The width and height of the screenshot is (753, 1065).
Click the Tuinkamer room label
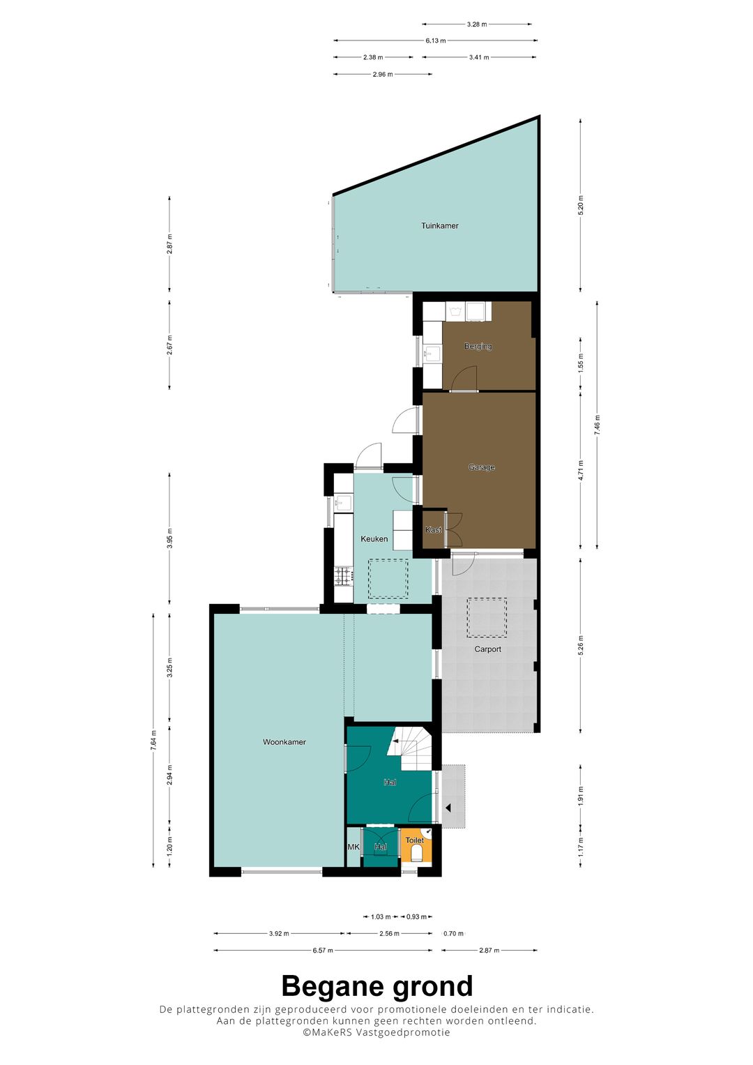click(x=439, y=226)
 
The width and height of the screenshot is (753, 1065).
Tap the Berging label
click(x=478, y=346)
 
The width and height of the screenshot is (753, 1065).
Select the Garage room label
click(x=482, y=467)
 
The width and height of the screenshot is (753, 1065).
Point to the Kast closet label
click(x=434, y=530)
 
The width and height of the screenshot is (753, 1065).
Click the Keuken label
click(x=374, y=539)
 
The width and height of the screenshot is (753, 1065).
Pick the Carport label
click(x=488, y=649)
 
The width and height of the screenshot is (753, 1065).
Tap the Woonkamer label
click(x=284, y=742)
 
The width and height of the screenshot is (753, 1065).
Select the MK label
click(x=353, y=847)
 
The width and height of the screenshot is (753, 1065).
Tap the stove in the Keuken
click(x=343, y=576)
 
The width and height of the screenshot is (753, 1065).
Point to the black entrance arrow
click(x=449, y=808)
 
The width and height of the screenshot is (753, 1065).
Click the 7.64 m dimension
click(x=153, y=740)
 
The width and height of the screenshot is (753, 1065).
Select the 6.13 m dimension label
click(x=436, y=40)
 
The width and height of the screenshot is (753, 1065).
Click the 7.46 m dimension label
click(x=597, y=425)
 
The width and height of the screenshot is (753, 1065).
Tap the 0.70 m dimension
click(x=454, y=934)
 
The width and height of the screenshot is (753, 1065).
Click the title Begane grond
click(x=376, y=987)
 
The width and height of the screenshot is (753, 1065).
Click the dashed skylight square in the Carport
click(x=487, y=617)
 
